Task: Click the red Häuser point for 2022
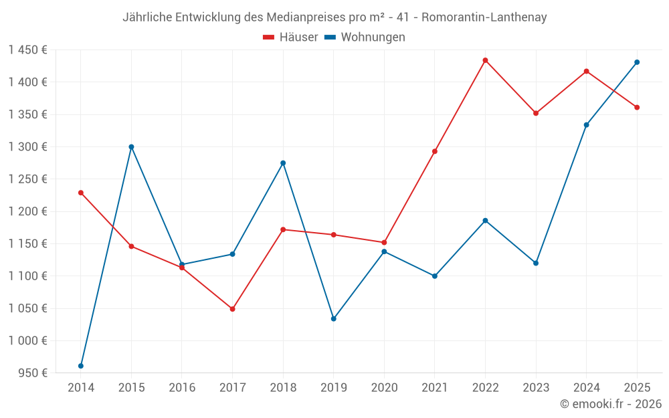(485, 60)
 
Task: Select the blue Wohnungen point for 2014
(81, 366)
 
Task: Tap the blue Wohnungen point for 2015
(131, 146)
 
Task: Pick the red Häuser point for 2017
(232, 309)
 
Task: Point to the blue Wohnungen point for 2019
(333, 318)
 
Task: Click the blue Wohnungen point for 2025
(637, 62)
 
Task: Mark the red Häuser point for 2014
(81, 193)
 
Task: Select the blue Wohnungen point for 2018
(283, 163)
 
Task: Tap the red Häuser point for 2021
(435, 151)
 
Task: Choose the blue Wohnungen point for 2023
(536, 263)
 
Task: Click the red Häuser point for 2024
(587, 71)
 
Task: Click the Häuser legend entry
(291, 37)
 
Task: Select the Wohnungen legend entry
(365, 37)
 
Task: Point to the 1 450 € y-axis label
(29, 50)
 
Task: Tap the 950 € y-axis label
(32, 373)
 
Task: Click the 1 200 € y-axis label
(29, 211)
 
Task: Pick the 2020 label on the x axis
(384, 387)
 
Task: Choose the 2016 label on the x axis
(182, 387)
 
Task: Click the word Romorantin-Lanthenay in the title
(484, 17)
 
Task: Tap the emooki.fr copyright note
(611, 403)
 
